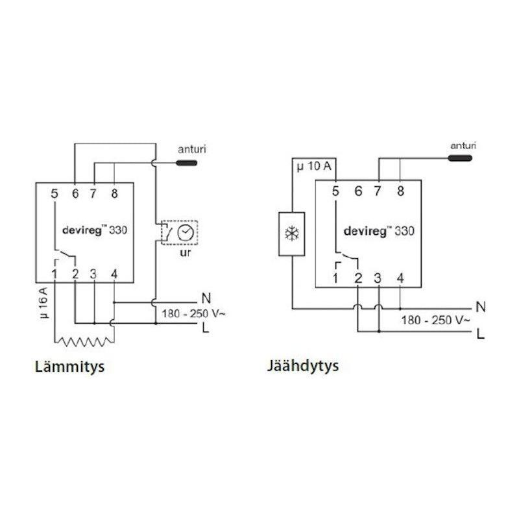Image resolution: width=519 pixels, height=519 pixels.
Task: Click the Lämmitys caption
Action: [69, 367]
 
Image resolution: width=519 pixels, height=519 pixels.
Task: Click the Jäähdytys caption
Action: [303, 367]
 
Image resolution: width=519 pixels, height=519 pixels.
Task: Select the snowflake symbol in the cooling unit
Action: [291, 234]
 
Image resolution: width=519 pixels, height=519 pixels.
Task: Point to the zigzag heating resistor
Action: [84, 341]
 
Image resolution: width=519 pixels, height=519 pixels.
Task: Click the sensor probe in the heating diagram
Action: [186, 163]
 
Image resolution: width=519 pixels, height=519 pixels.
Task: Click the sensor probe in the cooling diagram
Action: [460, 158]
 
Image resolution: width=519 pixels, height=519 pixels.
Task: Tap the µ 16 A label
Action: [43, 303]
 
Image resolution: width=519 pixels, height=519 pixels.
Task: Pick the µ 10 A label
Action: [314, 165]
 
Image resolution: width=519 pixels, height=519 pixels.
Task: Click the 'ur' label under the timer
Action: [185, 252]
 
